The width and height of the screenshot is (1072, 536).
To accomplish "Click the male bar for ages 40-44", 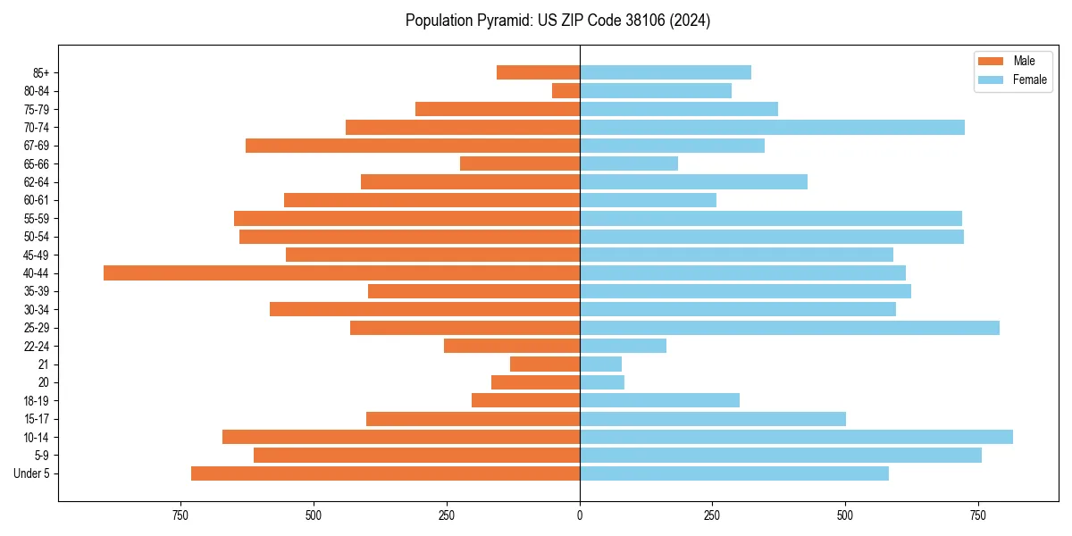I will point(341,273).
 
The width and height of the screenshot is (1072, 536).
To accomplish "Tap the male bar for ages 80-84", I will point(565,91).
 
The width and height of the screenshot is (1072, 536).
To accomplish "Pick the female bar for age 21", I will point(600,364).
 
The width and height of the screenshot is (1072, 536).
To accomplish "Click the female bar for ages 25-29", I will point(790,328).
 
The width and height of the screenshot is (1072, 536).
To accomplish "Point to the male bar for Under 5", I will point(385,473).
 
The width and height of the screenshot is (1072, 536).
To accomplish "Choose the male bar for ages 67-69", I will point(413,146).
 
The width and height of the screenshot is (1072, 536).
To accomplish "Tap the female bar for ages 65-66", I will point(629,163).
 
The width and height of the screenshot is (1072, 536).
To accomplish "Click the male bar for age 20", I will point(535,382).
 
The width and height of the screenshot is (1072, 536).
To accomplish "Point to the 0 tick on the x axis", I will point(580,515).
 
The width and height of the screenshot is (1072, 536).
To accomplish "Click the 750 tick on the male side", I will point(180,515).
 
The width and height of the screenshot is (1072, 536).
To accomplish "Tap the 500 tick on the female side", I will point(845,515).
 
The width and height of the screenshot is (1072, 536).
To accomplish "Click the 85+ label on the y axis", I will point(39,73).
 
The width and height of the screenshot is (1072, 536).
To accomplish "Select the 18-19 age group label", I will point(37,401).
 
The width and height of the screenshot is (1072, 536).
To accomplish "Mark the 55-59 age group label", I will point(37,219).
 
